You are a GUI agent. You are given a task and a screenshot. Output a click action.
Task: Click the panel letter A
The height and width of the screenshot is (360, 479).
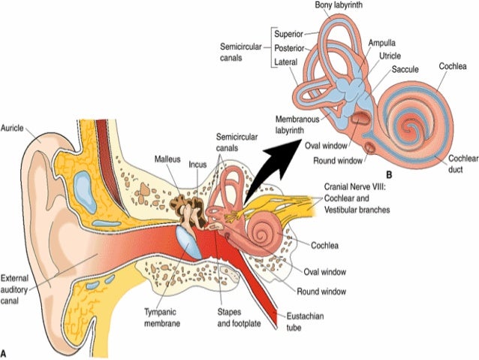(5, 351)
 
